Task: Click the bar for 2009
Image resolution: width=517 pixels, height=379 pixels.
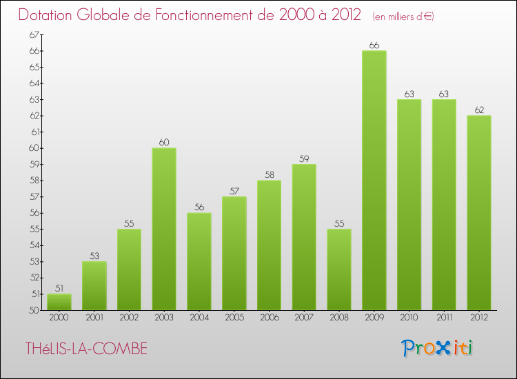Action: coord(374,181)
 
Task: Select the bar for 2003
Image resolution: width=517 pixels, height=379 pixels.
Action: coord(164,229)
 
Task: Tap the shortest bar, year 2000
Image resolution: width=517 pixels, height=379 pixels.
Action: coord(59,302)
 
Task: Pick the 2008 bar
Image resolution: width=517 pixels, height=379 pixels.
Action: coord(339,269)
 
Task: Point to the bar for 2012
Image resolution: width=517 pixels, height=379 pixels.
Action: coord(478,213)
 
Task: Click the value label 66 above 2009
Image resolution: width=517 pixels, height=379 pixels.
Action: coord(374,45)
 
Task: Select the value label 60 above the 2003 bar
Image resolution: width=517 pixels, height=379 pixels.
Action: coord(164,143)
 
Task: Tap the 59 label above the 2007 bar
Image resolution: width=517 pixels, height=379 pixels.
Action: coord(304,159)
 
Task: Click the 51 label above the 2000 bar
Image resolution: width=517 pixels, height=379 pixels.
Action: coord(59,289)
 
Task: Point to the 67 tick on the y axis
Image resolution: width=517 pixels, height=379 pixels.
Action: coord(34,34)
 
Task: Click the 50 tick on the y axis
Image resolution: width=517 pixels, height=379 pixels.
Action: coord(34,310)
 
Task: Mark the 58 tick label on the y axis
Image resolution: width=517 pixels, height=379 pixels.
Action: coord(34,181)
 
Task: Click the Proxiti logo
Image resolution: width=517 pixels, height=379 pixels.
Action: coord(438,348)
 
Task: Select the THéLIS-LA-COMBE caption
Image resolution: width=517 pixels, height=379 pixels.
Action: coord(86,349)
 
